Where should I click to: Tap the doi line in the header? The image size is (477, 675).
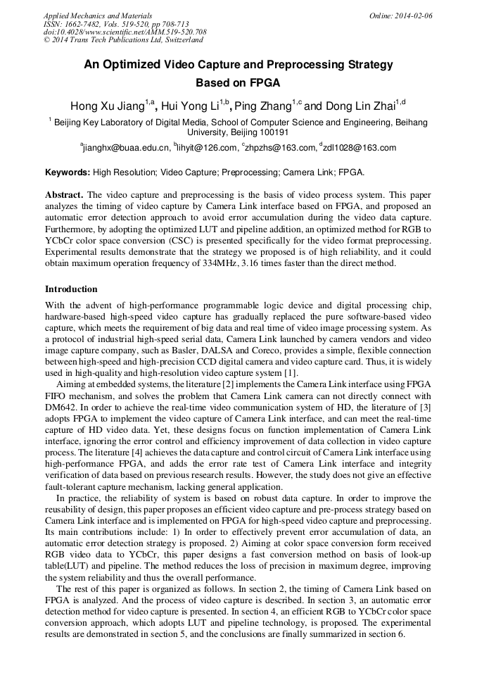(x=125, y=32)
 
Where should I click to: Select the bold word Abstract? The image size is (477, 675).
(x=64, y=194)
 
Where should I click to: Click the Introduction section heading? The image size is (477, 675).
(x=71, y=289)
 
